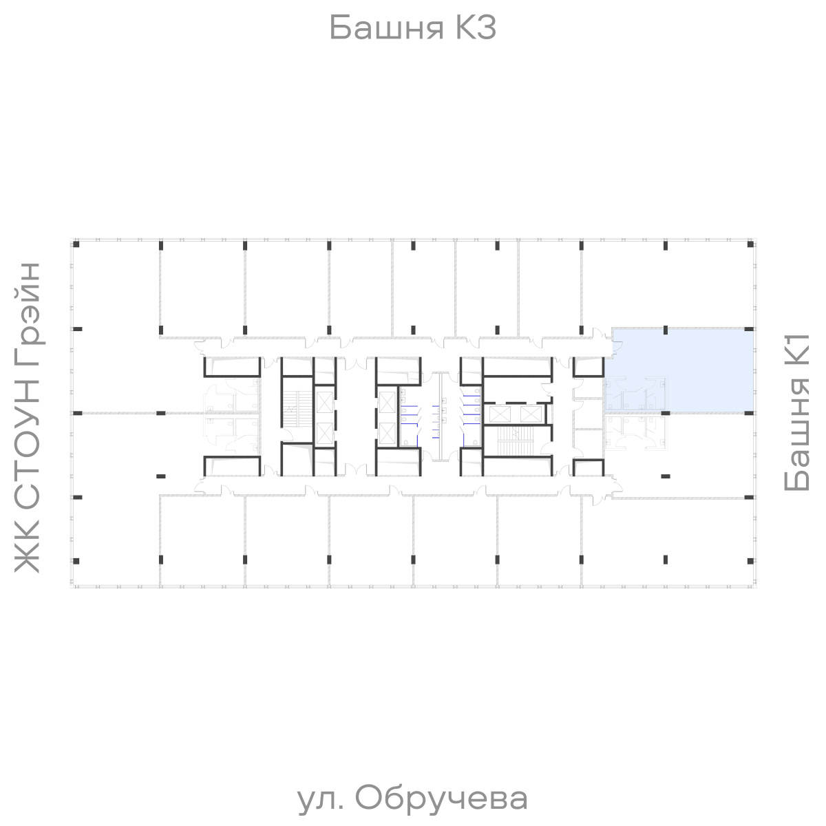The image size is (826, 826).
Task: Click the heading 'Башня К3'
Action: [412, 28]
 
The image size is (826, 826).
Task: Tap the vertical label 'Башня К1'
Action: [798, 412]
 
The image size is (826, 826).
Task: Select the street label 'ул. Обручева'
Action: [413, 798]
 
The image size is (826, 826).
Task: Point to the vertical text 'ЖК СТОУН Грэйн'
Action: [28, 416]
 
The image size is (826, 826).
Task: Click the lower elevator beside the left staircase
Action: [324, 431]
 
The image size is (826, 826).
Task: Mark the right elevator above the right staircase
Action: [531, 414]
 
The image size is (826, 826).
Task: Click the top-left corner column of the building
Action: [77, 244]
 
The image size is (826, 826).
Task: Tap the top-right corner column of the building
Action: [748, 244]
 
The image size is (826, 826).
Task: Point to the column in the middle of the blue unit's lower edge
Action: [665, 412]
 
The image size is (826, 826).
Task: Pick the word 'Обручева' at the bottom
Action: [443, 798]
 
